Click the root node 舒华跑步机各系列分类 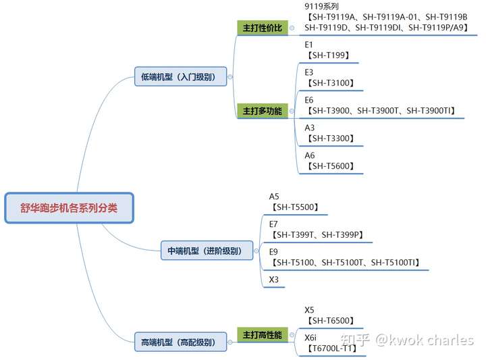pyautogui.click(x=69, y=208)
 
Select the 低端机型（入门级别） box pyautogui.click(x=179, y=77)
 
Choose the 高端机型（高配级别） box pyautogui.click(x=178, y=342)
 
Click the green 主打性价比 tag pyautogui.click(x=262, y=28)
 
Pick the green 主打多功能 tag pyautogui.click(x=262, y=111)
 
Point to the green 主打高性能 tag pyautogui.click(x=262, y=334)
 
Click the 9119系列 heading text pyautogui.click(x=321, y=5)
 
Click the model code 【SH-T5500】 pyautogui.click(x=294, y=207)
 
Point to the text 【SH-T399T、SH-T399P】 pyautogui.click(x=317, y=235)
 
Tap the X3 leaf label pyautogui.click(x=274, y=280)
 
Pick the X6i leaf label pyautogui.click(x=311, y=337)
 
